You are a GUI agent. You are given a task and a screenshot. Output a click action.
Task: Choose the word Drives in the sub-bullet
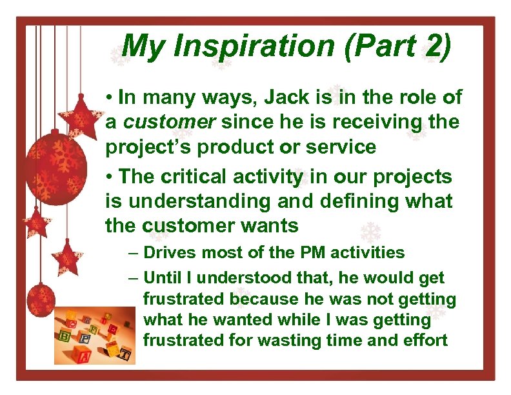coord(170,252)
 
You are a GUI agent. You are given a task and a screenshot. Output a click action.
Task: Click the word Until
coord(162,278)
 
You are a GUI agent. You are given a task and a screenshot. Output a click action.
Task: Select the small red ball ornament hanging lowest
coord(40,299)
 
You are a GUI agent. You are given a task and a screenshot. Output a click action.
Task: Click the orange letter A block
coord(82,354)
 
